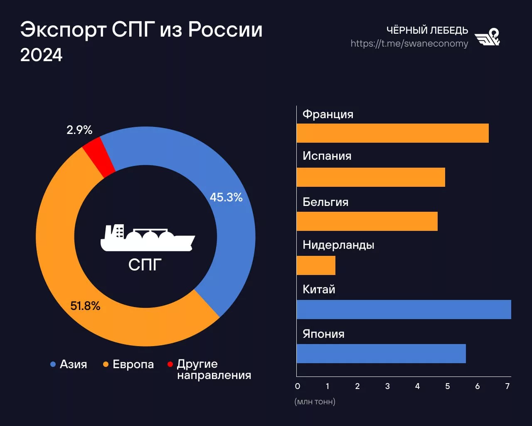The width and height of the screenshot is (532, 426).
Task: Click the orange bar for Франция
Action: [392, 133]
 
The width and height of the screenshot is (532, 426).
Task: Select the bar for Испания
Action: [371, 177]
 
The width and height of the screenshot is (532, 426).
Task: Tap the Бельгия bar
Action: [367, 221]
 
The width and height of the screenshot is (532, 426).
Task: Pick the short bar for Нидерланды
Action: [316, 265]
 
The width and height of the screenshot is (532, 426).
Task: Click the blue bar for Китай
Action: [404, 310]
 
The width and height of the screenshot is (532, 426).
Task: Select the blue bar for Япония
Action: [381, 354]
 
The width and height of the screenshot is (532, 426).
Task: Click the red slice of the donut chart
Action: [99, 156]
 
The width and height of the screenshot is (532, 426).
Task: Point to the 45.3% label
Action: [226, 197]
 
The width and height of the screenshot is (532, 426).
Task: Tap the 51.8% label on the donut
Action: [85, 306]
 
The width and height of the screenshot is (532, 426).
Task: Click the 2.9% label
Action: [79, 130]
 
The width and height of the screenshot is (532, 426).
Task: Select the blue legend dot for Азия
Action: [53, 364]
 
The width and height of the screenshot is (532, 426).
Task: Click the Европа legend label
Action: [133, 364]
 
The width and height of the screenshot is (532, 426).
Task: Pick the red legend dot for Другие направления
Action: [170, 364]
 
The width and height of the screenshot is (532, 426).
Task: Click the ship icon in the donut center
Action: [147, 238]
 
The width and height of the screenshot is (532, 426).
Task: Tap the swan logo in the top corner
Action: [488, 37]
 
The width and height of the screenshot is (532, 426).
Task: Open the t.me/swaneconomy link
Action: [409, 44]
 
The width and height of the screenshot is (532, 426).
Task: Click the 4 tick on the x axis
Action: [417, 386]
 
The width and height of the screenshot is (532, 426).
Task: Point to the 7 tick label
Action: [507, 386]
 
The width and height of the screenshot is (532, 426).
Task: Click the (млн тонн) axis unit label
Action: [315, 402]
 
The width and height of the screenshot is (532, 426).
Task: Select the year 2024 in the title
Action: [41, 55]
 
